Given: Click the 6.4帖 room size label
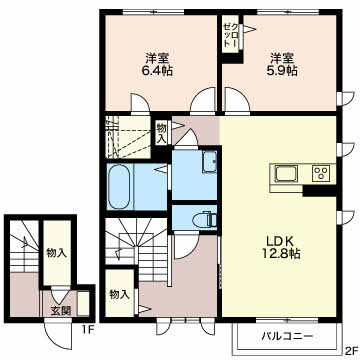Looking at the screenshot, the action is tap(158, 71).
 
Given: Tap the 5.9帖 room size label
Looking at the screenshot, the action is tap(283, 71).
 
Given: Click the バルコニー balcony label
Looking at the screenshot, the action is tap(287, 336).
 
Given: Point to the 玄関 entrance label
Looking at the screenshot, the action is tap(61, 311).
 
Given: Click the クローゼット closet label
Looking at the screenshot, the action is tap(230, 34).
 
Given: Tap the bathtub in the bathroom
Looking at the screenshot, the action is tap(119, 187).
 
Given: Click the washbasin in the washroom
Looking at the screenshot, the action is tap(210, 162).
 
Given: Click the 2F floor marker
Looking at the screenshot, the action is tap(351, 351).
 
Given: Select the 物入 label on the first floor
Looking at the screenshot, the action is tap(57, 253).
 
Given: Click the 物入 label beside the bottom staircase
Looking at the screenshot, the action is tap(119, 295).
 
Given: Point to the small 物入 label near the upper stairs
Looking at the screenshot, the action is tap(162, 133).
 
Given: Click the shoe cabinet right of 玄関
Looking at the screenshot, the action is tap(83, 303).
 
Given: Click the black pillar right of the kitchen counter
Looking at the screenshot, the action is tap(319, 190).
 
